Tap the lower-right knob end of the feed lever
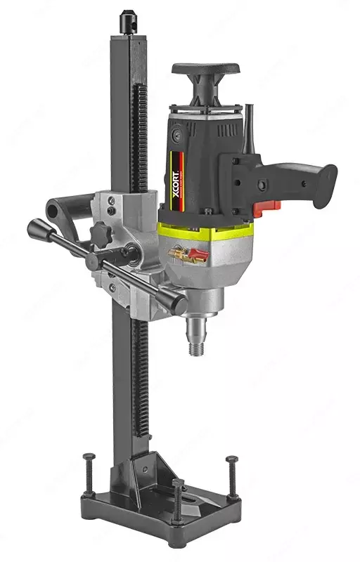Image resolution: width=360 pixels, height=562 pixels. (176, 304)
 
